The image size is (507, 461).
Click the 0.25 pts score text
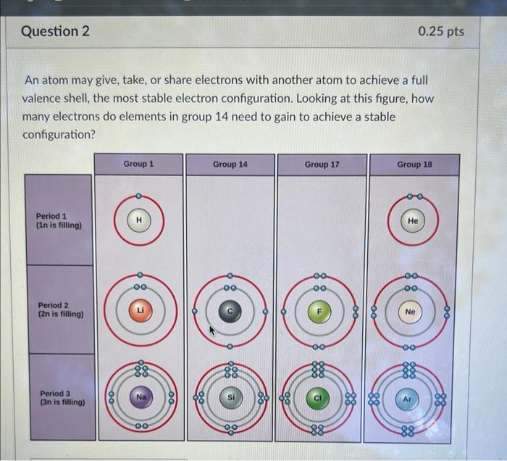[x=441, y=32]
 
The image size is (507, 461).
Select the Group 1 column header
[x=138, y=165]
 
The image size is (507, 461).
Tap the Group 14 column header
[x=230, y=165]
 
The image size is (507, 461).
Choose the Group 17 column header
[x=322, y=165]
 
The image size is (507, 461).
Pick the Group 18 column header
[x=414, y=165]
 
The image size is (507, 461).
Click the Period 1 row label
[x=59, y=220]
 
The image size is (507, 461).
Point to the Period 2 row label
[x=59, y=310]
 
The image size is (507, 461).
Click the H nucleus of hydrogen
[x=139, y=220]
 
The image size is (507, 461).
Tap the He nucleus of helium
[x=411, y=220]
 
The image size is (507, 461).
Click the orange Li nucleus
[x=139, y=310]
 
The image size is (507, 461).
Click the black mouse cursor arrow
[x=214, y=331]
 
